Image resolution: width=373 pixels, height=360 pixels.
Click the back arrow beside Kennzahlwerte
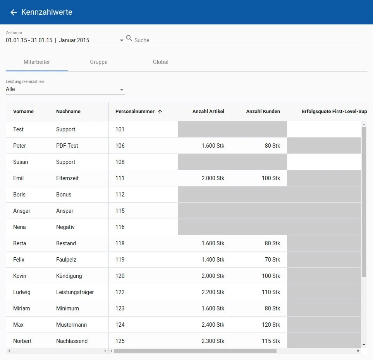point(14,12)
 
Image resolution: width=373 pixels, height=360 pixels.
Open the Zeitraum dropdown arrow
point(122,40)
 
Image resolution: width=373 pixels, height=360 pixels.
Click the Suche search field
point(248,40)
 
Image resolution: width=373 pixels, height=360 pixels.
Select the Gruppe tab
point(99,62)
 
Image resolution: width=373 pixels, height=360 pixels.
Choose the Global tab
point(161,62)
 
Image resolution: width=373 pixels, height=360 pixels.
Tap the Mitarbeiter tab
point(37,62)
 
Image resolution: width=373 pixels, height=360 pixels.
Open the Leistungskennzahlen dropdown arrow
point(122,90)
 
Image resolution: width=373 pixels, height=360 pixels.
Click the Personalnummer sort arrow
point(160,112)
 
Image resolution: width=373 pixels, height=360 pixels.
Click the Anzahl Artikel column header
point(208,112)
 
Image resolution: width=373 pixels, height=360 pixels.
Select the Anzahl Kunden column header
point(263,112)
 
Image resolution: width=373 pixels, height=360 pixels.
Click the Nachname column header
point(68,112)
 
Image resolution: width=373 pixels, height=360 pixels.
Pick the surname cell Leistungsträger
point(75,292)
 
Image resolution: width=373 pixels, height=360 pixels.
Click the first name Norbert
point(22,341)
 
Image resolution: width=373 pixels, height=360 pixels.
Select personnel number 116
point(120,227)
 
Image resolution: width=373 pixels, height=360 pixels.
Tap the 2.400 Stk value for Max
point(213,325)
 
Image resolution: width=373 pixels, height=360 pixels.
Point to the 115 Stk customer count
point(271,341)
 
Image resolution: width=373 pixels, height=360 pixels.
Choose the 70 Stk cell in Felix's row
point(272,260)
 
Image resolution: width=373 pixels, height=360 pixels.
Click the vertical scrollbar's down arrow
point(364,344)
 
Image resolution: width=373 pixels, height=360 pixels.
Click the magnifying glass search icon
point(129,38)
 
